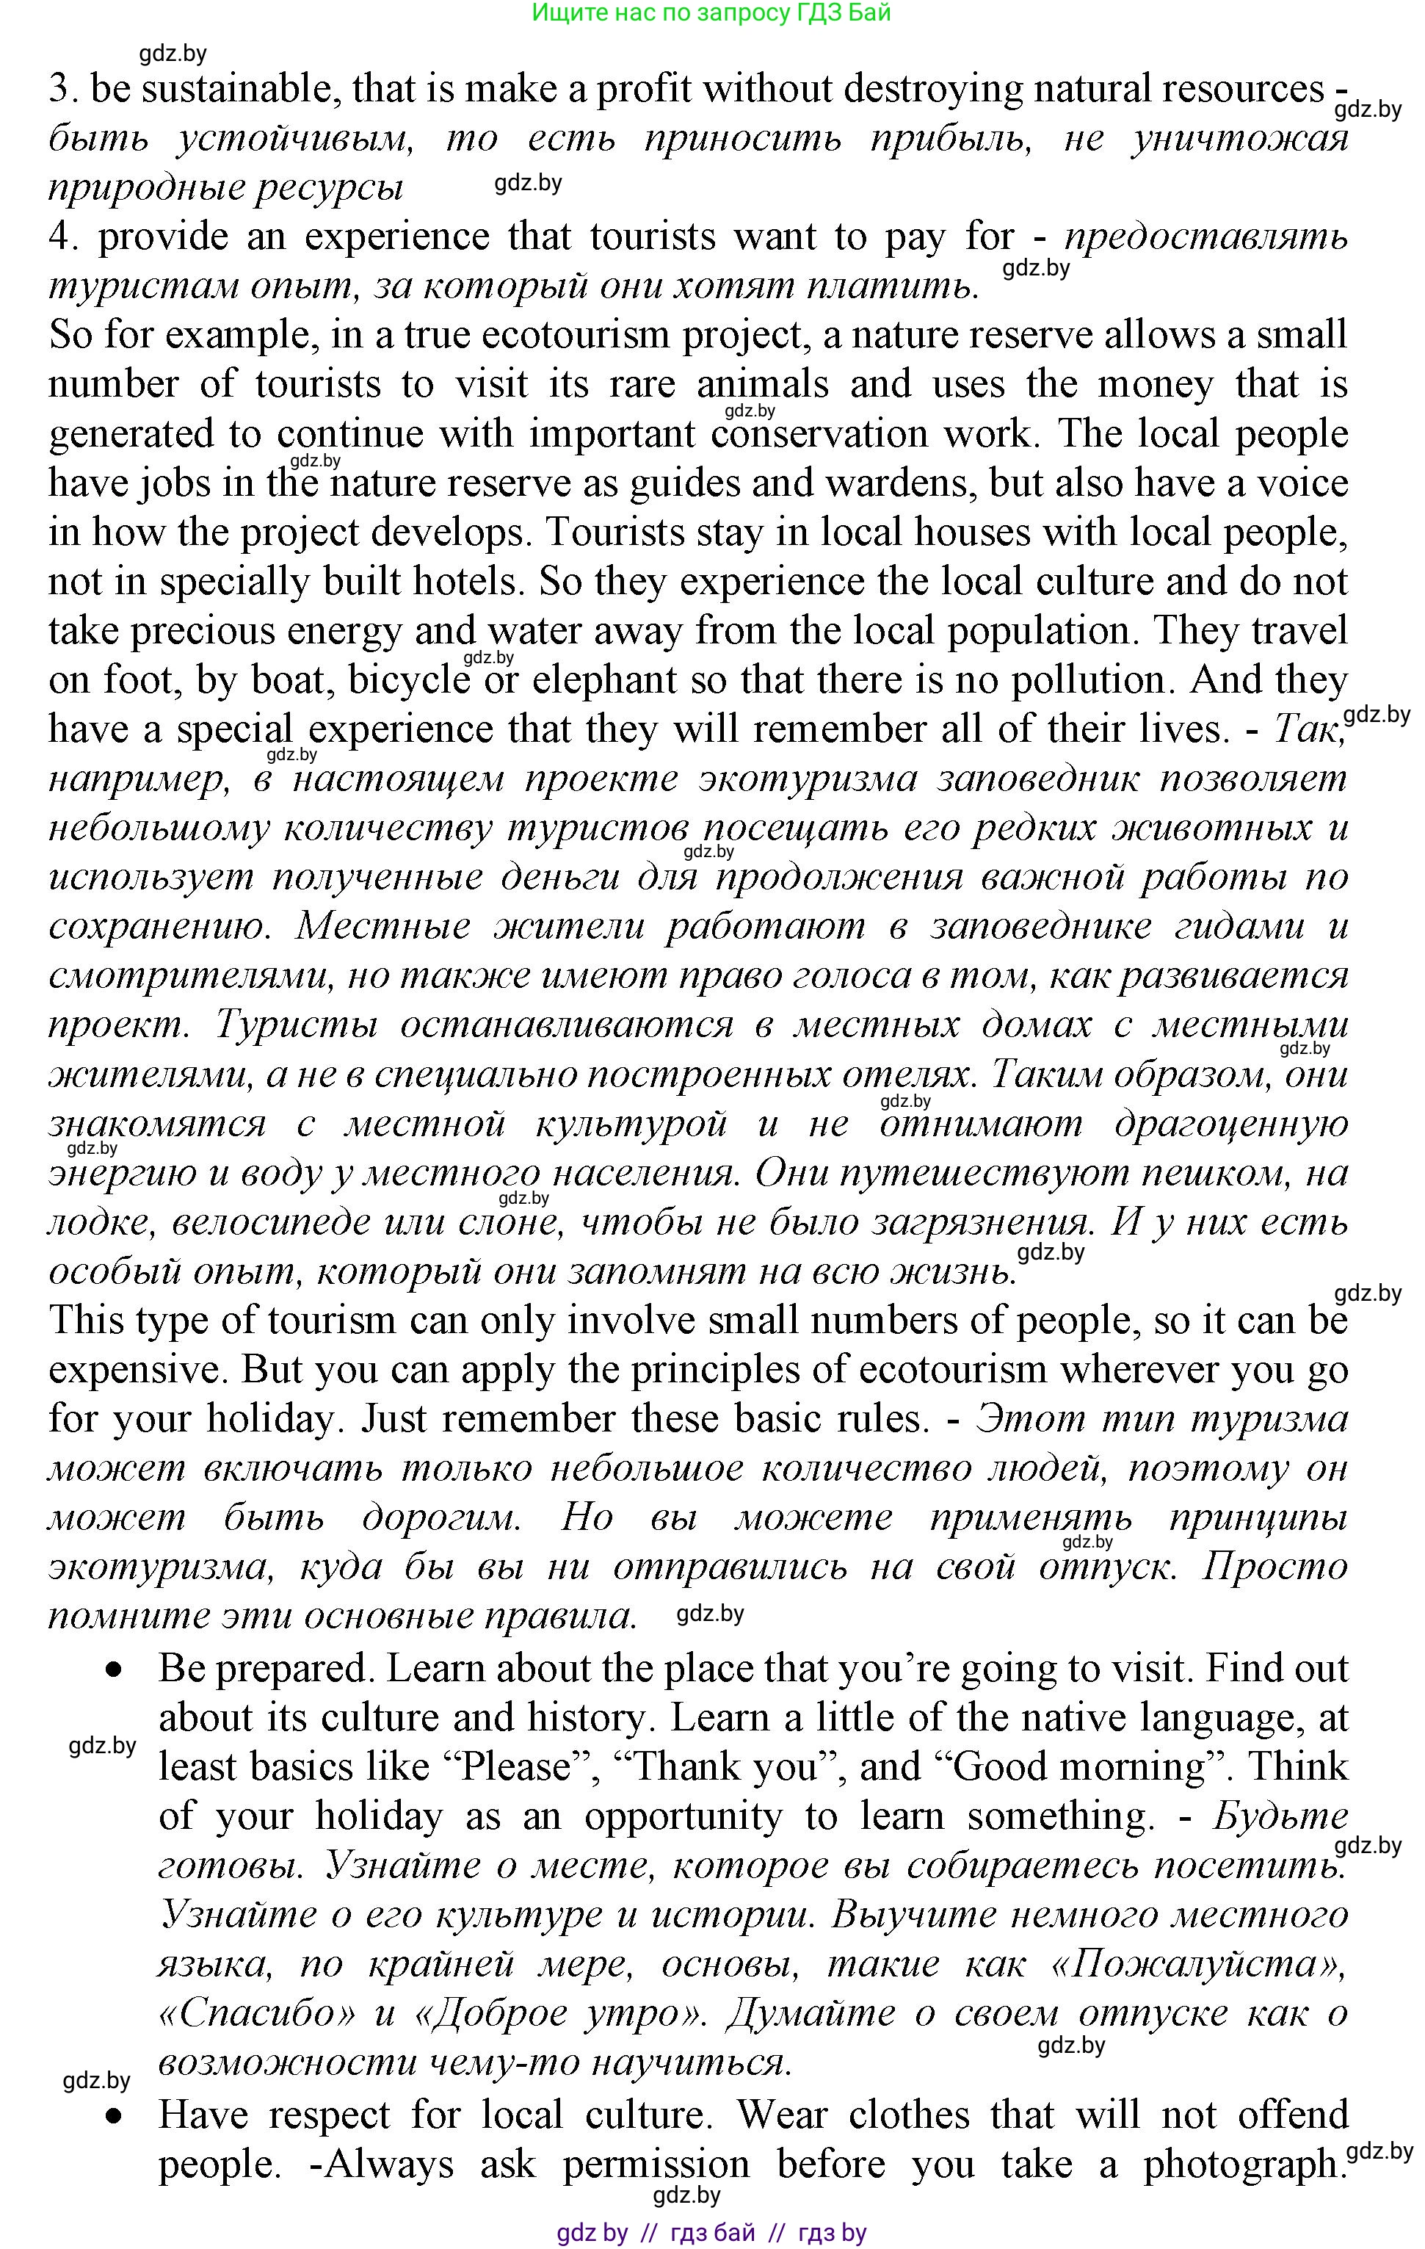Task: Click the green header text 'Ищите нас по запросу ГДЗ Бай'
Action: (x=711, y=13)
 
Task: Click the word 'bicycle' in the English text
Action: (x=409, y=680)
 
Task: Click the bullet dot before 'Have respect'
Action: (x=114, y=2116)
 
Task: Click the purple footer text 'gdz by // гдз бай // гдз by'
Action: (x=711, y=2233)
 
